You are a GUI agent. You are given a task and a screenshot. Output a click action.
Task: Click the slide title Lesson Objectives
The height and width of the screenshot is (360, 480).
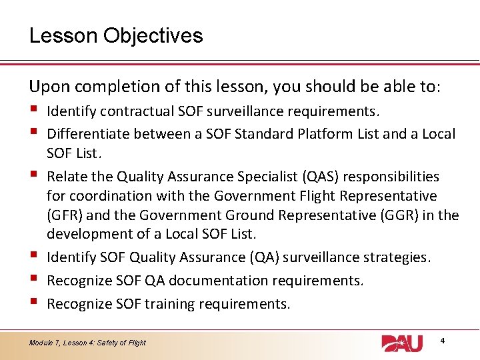click(x=116, y=35)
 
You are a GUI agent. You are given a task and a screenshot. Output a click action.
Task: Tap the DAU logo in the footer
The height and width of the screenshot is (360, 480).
click(x=402, y=343)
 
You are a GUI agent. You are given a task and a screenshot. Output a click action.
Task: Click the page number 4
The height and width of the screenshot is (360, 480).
click(x=443, y=341)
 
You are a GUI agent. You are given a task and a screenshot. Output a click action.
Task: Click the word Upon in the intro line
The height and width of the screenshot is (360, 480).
click(x=47, y=86)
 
